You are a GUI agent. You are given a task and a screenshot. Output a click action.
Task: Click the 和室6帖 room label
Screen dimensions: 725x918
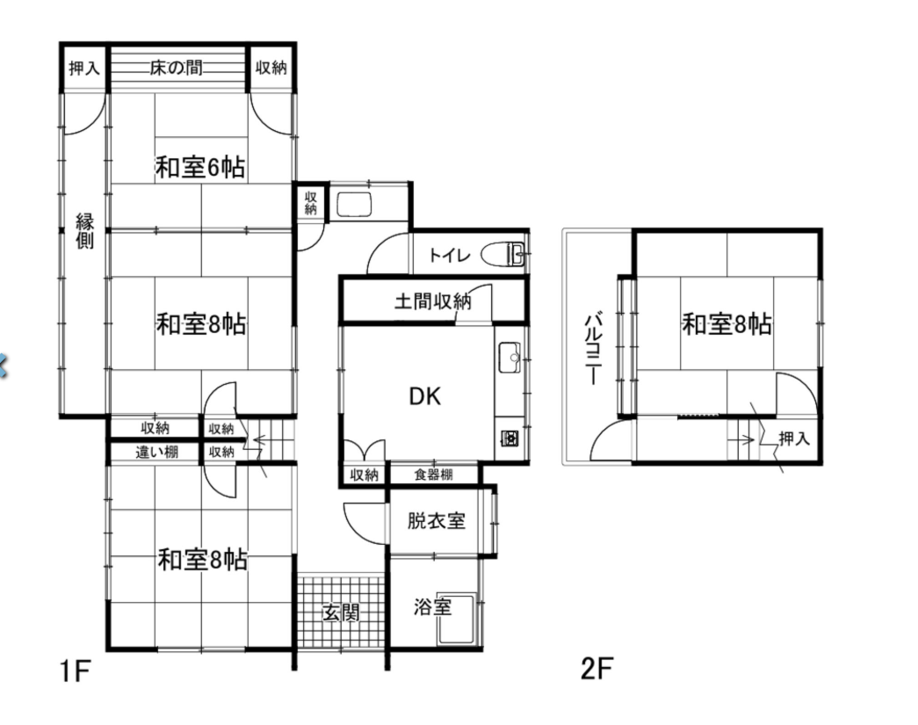200,166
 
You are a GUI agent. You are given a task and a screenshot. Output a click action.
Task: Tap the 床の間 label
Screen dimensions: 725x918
177,69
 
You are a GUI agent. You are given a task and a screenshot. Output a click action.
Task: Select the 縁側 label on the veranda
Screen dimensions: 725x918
83,230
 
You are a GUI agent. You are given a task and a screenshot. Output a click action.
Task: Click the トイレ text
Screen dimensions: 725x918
451,256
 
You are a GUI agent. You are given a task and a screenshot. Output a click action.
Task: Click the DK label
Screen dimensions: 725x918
425,396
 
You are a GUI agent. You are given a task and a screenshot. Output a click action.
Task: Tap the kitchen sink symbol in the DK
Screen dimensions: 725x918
510,358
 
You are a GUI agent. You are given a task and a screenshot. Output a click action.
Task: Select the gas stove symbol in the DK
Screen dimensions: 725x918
510,437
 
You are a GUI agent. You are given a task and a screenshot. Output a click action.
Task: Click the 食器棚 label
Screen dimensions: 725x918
434,475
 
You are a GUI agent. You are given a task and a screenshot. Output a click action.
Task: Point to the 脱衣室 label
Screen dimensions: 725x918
436,520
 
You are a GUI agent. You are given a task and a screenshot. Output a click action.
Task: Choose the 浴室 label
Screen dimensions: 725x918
432,606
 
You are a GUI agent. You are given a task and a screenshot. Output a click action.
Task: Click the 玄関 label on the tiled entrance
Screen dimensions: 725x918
341,613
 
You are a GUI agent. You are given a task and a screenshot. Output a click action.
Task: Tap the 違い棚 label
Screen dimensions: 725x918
156,453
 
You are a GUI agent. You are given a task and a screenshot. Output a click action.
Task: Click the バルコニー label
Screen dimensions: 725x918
592,348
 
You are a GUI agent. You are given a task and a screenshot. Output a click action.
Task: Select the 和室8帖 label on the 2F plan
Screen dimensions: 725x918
727,325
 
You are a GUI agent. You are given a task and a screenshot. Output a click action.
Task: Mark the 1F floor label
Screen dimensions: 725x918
76,672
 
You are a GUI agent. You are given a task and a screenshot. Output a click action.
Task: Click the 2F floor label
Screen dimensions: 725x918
596,670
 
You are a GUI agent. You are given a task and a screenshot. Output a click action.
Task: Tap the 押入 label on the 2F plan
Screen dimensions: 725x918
794,438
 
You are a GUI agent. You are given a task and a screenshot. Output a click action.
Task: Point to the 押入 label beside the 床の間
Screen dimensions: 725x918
84,69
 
